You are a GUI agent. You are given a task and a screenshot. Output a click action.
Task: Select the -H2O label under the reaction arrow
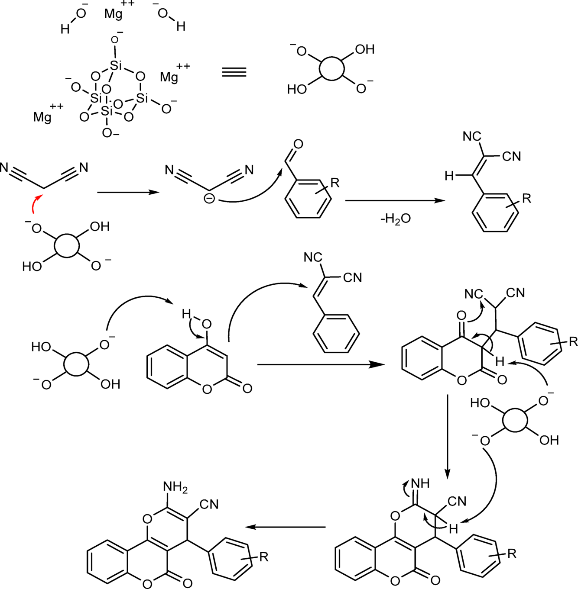[x=395, y=219]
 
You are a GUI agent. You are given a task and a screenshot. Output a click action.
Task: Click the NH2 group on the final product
[x=175, y=487]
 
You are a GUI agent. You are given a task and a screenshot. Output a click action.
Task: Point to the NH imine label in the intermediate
[x=420, y=483]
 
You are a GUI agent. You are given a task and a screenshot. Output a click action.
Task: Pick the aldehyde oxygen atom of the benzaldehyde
[x=298, y=144]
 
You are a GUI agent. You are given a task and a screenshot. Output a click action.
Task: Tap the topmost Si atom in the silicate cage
[x=116, y=66]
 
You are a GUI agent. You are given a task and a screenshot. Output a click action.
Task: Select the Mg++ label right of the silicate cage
[x=172, y=74]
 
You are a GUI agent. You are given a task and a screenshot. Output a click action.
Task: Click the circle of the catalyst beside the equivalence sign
[x=332, y=68]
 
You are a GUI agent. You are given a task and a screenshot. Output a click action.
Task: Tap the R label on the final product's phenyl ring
[x=264, y=557]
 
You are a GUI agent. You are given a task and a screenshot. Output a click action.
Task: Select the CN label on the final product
[x=209, y=504]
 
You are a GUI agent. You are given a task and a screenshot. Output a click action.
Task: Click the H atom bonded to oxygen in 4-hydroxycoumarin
[x=186, y=313]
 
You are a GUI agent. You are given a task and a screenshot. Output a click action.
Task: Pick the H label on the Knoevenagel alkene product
[x=449, y=176]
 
